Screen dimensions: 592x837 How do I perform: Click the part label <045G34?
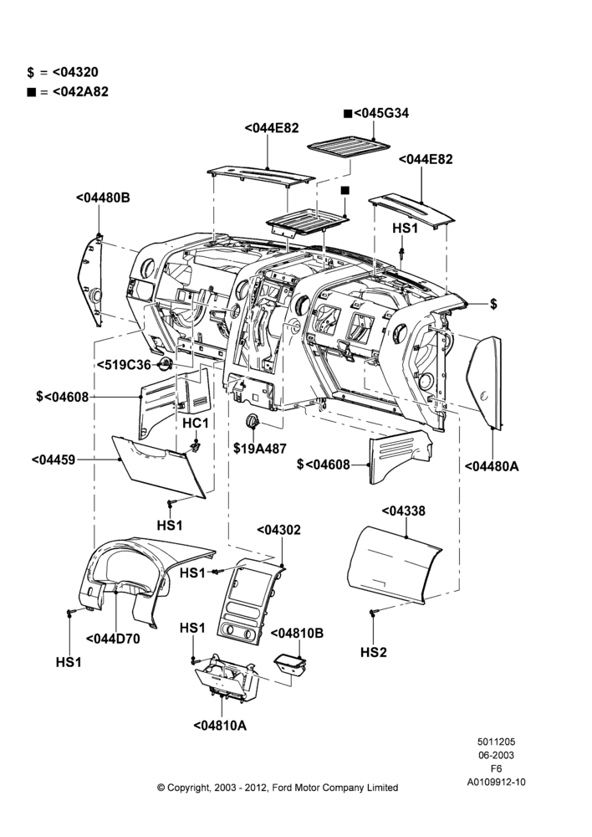pyautogui.click(x=376, y=113)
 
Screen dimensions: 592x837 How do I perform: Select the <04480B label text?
pyautogui.click(x=103, y=198)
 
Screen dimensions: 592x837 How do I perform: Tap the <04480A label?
pyautogui.click(x=491, y=466)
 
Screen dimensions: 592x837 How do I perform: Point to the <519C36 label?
pyautogui.click(x=124, y=365)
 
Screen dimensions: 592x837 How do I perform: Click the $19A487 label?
pyautogui.click(x=260, y=449)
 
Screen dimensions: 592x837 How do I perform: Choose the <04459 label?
pyautogui.click(x=54, y=460)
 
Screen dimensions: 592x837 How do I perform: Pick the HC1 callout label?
pyautogui.click(x=195, y=424)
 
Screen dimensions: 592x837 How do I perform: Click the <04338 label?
pyautogui.click(x=403, y=511)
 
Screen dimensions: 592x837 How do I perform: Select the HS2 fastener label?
pyautogui.click(x=373, y=652)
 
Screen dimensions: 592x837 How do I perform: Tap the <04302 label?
pyautogui.click(x=278, y=530)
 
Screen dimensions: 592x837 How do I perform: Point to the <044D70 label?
pyautogui.click(x=113, y=639)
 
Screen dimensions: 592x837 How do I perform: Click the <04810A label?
pyautogui.click(x=220, y=726)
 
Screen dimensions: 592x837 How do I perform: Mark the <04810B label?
pyautogui.click(x=297, y=633)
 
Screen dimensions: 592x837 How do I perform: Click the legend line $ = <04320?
pyautogui.click(x=63, y=72)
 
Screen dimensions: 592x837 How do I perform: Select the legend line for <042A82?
pyautogui.click(x=68, y=92)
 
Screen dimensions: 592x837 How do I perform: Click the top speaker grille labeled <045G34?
pyautogui.click(x=349, y=146)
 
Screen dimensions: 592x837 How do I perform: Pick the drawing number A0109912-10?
pyautogui.click(x=496, y=782)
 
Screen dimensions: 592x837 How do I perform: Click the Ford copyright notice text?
pyautogui.click(x=278, y=788)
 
